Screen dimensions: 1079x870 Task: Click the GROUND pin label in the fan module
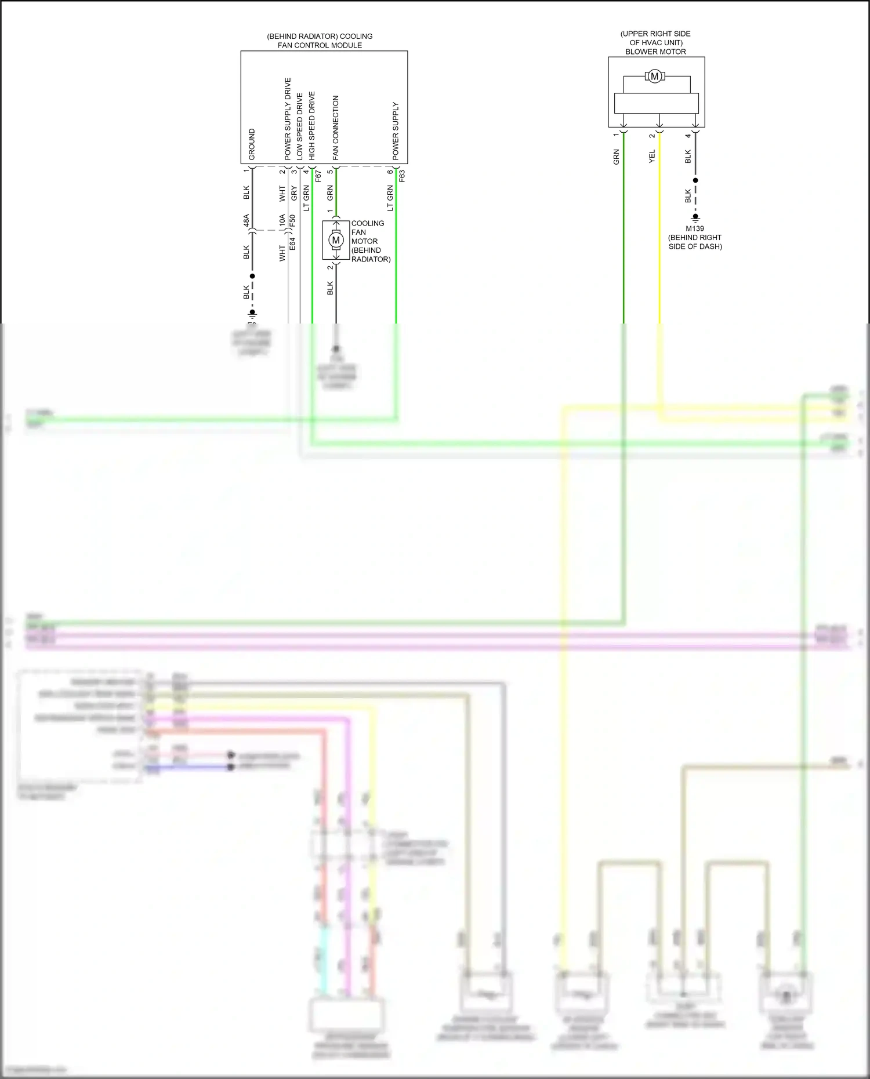click(x=252, y=144)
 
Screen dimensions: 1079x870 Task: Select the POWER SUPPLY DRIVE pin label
click(x=288, y=119)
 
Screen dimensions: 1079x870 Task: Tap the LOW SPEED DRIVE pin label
click(x=300, y=126)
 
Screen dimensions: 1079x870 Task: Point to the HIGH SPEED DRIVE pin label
click(x=312, y=125)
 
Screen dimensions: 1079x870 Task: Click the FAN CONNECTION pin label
click(x=336, y=128)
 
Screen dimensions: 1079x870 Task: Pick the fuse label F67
click(x=318, y=176)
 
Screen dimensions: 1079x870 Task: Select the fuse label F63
click(x=402, y=176)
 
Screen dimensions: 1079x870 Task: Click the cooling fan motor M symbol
click(x=336, y=240)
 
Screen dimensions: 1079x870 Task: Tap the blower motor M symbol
click(x=655, y=77)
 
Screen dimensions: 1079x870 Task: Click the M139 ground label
click(x=695, y=228)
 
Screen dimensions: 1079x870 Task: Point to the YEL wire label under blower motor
click(x=652, y=156)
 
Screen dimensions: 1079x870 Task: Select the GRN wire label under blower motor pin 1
click(x=617, y=157)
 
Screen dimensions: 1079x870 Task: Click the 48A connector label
click(x=246, y=220)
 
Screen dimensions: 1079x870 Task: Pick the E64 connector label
click(x=293, y=244)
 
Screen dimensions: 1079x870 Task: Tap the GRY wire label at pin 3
click(x=294, y=193)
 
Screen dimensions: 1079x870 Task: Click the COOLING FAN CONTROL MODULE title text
click(x=320, y=41)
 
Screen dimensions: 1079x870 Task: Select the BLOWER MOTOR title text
click(x=655, y=52)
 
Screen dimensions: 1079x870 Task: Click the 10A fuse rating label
click(x=282, y=220)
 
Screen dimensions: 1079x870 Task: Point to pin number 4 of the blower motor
click(x=688, y=136)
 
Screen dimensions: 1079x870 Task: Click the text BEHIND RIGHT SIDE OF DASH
click(x=695, y=242)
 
